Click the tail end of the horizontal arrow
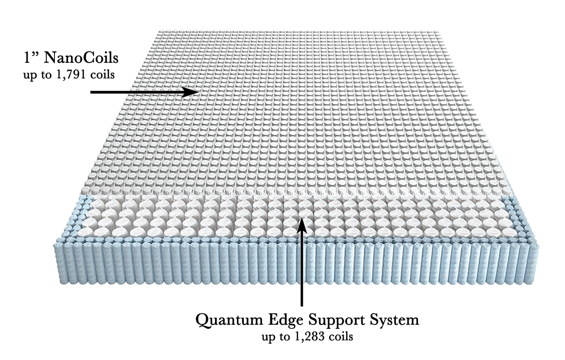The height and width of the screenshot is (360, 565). point(92,92)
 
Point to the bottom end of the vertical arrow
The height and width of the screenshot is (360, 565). point(302,305)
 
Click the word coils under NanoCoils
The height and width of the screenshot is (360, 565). point(102,75)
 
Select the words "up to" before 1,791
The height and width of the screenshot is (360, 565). point(39,75)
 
